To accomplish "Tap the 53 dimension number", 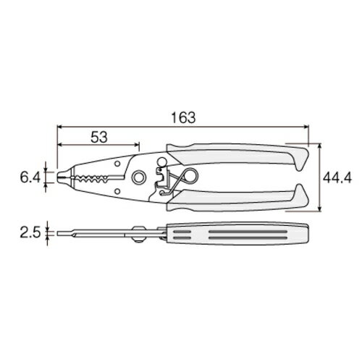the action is point(99,138).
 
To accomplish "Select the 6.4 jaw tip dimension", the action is point(30,178).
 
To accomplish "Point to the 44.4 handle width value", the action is point(337,178).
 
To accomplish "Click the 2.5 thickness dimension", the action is point(30,233).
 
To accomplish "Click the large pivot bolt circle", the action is point(138,177).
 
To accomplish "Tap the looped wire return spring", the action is point(183,178).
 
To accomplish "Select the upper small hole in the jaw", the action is point(117,164).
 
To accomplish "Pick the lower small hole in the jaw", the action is point(117,192).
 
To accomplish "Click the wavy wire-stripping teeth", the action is point(92,178).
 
